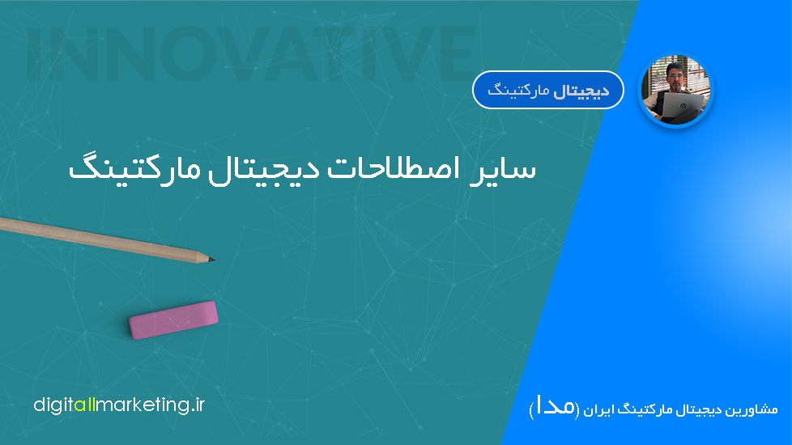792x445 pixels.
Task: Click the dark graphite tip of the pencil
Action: point(212,260)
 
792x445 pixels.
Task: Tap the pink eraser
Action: point(173,320)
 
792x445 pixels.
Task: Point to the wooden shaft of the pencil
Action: point(101,239)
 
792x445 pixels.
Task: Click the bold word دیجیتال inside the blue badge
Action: point(581,91)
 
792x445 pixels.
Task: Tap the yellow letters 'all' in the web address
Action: point(84,405)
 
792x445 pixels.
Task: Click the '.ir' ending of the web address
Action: point(198,405)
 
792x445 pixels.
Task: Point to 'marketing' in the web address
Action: point(143,405)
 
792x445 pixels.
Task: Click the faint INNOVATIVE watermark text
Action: point(251,53)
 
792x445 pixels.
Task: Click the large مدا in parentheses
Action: point(554,407)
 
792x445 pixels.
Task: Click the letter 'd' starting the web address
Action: point(39,405)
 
